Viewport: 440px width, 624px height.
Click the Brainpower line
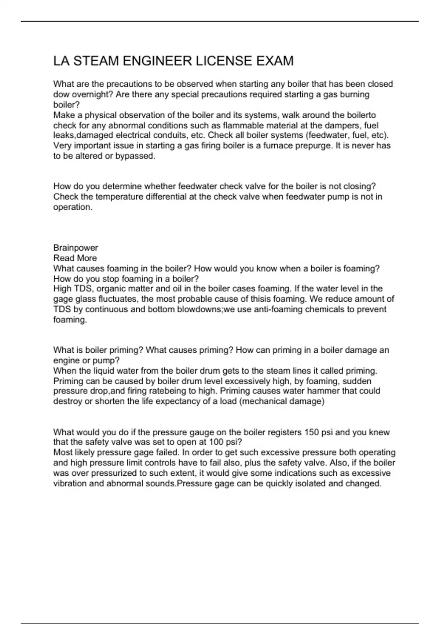(76, 248)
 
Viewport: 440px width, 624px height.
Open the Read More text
(75, 258)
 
